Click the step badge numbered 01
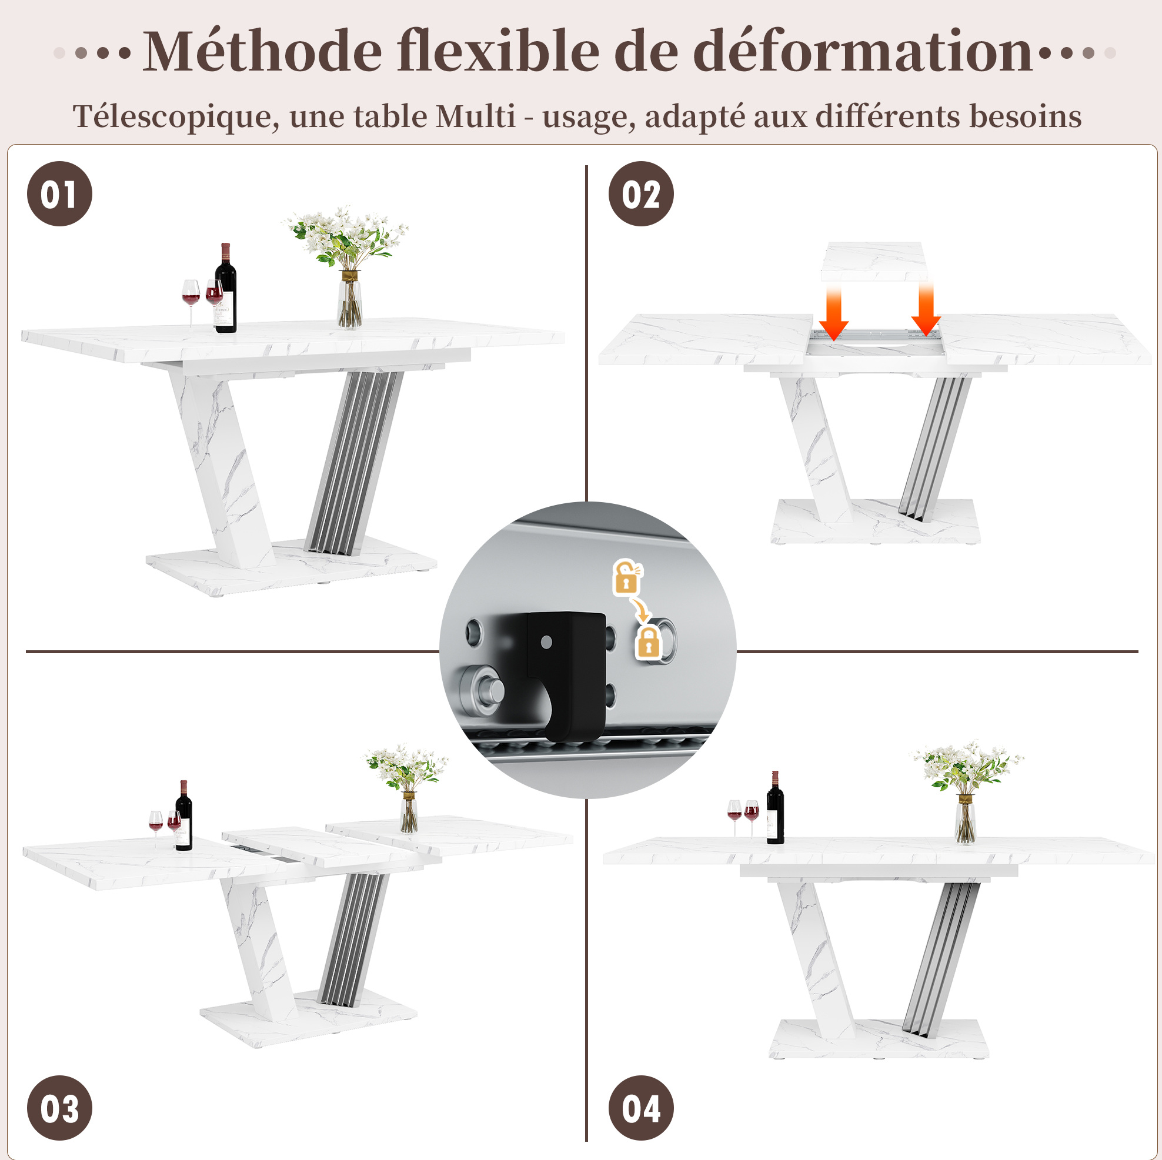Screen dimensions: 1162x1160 tap(59, 193)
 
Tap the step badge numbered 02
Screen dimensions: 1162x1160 tap(641, 193)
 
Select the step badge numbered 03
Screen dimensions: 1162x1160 tap(59, 1108)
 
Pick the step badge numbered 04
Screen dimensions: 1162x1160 tap(641, 1108)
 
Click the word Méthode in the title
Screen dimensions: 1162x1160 tap(262, 52)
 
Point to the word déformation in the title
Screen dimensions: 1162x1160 tap(863, 52)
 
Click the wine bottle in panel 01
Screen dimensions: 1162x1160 tap(226, 288)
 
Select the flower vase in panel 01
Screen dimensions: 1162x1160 tap(349, 299)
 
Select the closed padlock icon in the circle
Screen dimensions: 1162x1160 tap(648, 641)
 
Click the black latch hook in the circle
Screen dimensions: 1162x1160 tap(566, 674)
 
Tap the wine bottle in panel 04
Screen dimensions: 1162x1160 tap(775, 808)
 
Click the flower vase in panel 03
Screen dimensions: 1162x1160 tap(409, 811)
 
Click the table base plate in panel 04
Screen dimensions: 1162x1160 tap(879, 1039)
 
